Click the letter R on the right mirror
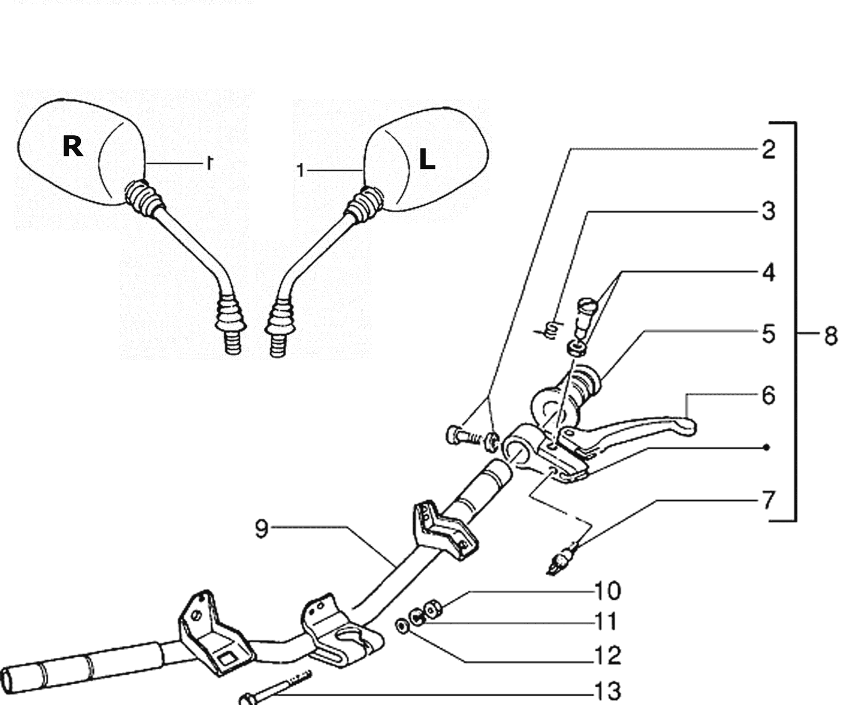[73, 146]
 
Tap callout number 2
[769, 150]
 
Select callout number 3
[769, 211]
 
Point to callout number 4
[769, 272]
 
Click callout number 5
[769, 333]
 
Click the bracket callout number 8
[831, 335]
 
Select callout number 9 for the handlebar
[261, 529]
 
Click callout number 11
[606, 621]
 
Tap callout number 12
[608, 656]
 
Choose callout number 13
[608, 692]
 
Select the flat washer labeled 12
[401, 626]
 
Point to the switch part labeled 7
[561, 560]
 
